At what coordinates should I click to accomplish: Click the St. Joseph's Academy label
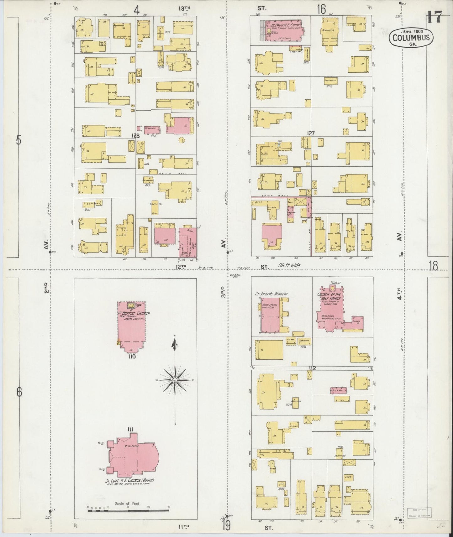(x=271, y=294)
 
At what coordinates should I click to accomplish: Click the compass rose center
(x=174, y=380)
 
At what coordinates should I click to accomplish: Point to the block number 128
(x=135, y=136)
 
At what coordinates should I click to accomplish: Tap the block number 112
(x=312, y=368)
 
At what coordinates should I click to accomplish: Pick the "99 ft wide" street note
(x=289, y=265)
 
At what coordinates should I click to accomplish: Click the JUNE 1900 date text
(x=411, y=32)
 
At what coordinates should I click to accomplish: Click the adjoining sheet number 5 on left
(x=19, y=140)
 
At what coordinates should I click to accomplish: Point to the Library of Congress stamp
(x=419, y=513)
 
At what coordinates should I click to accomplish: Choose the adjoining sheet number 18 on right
(x=434, y=266)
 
